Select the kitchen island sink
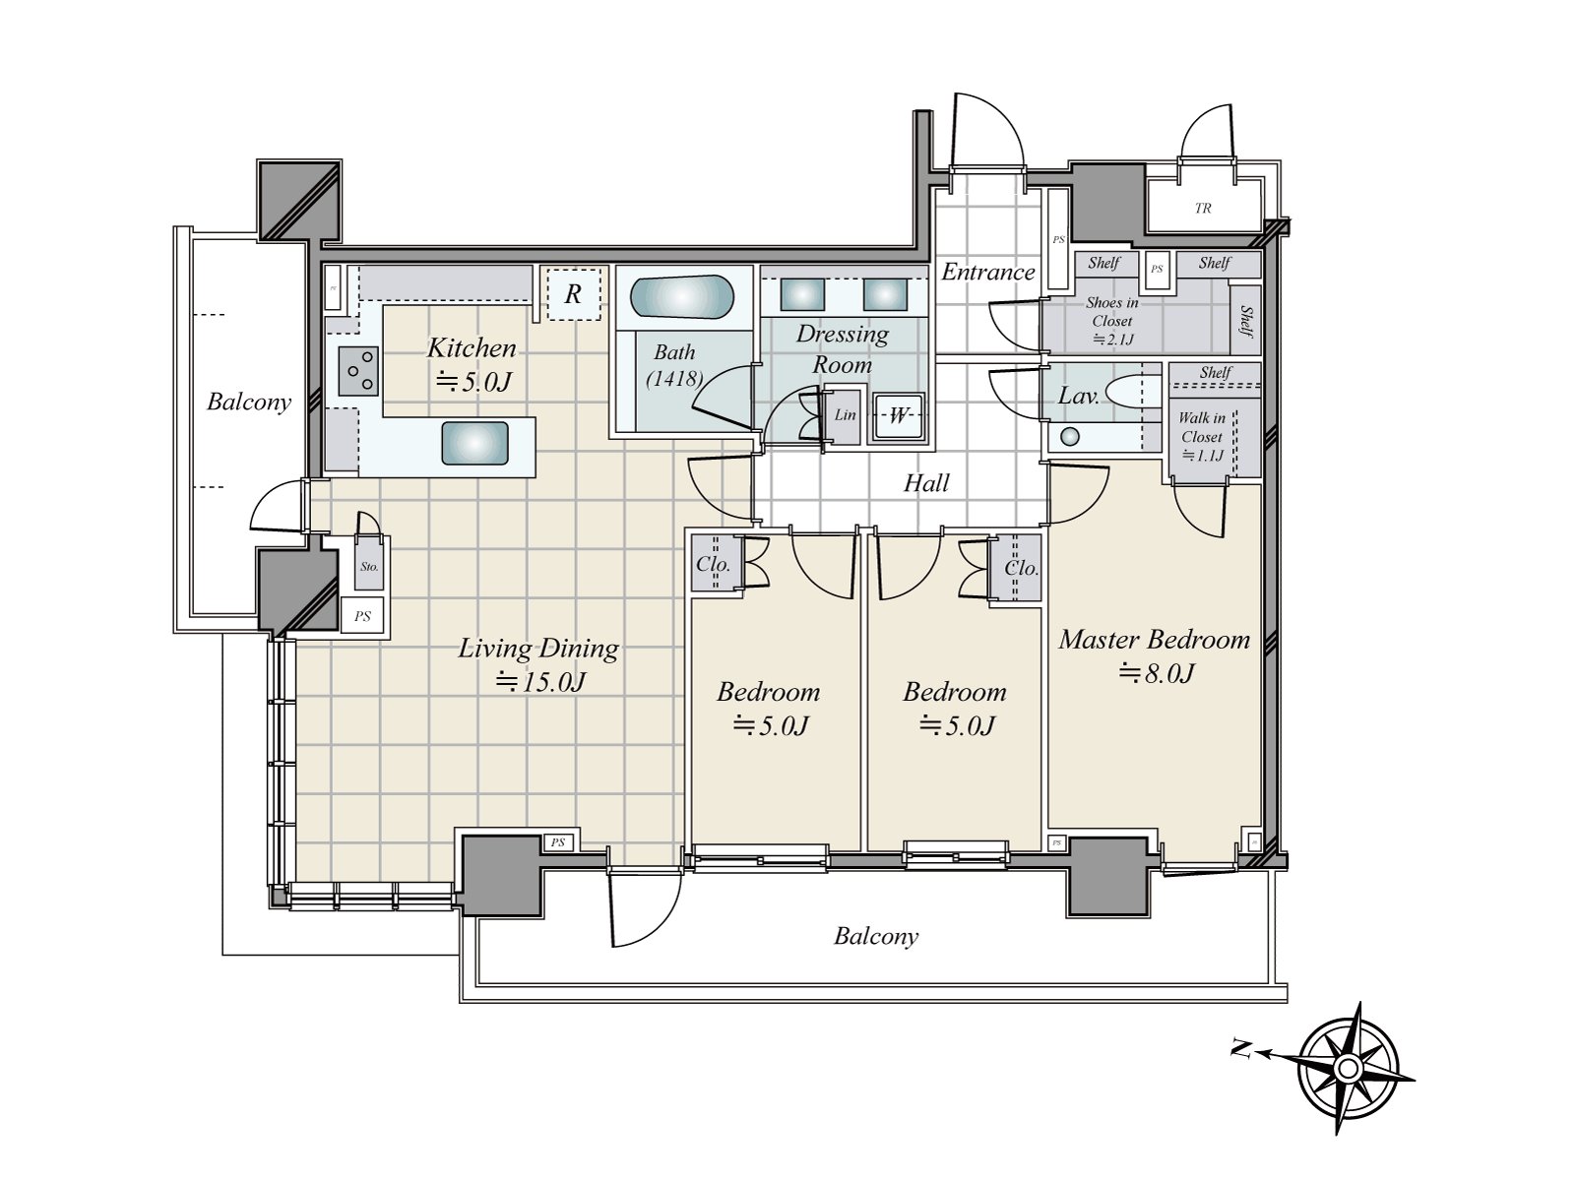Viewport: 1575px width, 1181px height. coord(474,443)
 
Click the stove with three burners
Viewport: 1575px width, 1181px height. coord(358,371)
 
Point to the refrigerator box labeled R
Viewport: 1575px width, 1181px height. coord(573,293)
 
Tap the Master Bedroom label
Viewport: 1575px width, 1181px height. coord(1154,640)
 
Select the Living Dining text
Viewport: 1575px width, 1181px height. coord(538,648)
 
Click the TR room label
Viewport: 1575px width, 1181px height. coord(1203,209)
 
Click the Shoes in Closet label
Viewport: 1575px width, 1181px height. coord(1111,312)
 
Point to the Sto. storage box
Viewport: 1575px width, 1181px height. coord(369,566)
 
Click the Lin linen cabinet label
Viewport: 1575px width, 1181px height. coord(845,414)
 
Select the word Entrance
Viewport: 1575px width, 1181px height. coord(988,273)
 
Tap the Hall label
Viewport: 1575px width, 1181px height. coord(926,482)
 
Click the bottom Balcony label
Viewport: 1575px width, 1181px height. coord(875,936)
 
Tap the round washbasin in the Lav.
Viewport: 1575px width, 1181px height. coord(1070,436)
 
